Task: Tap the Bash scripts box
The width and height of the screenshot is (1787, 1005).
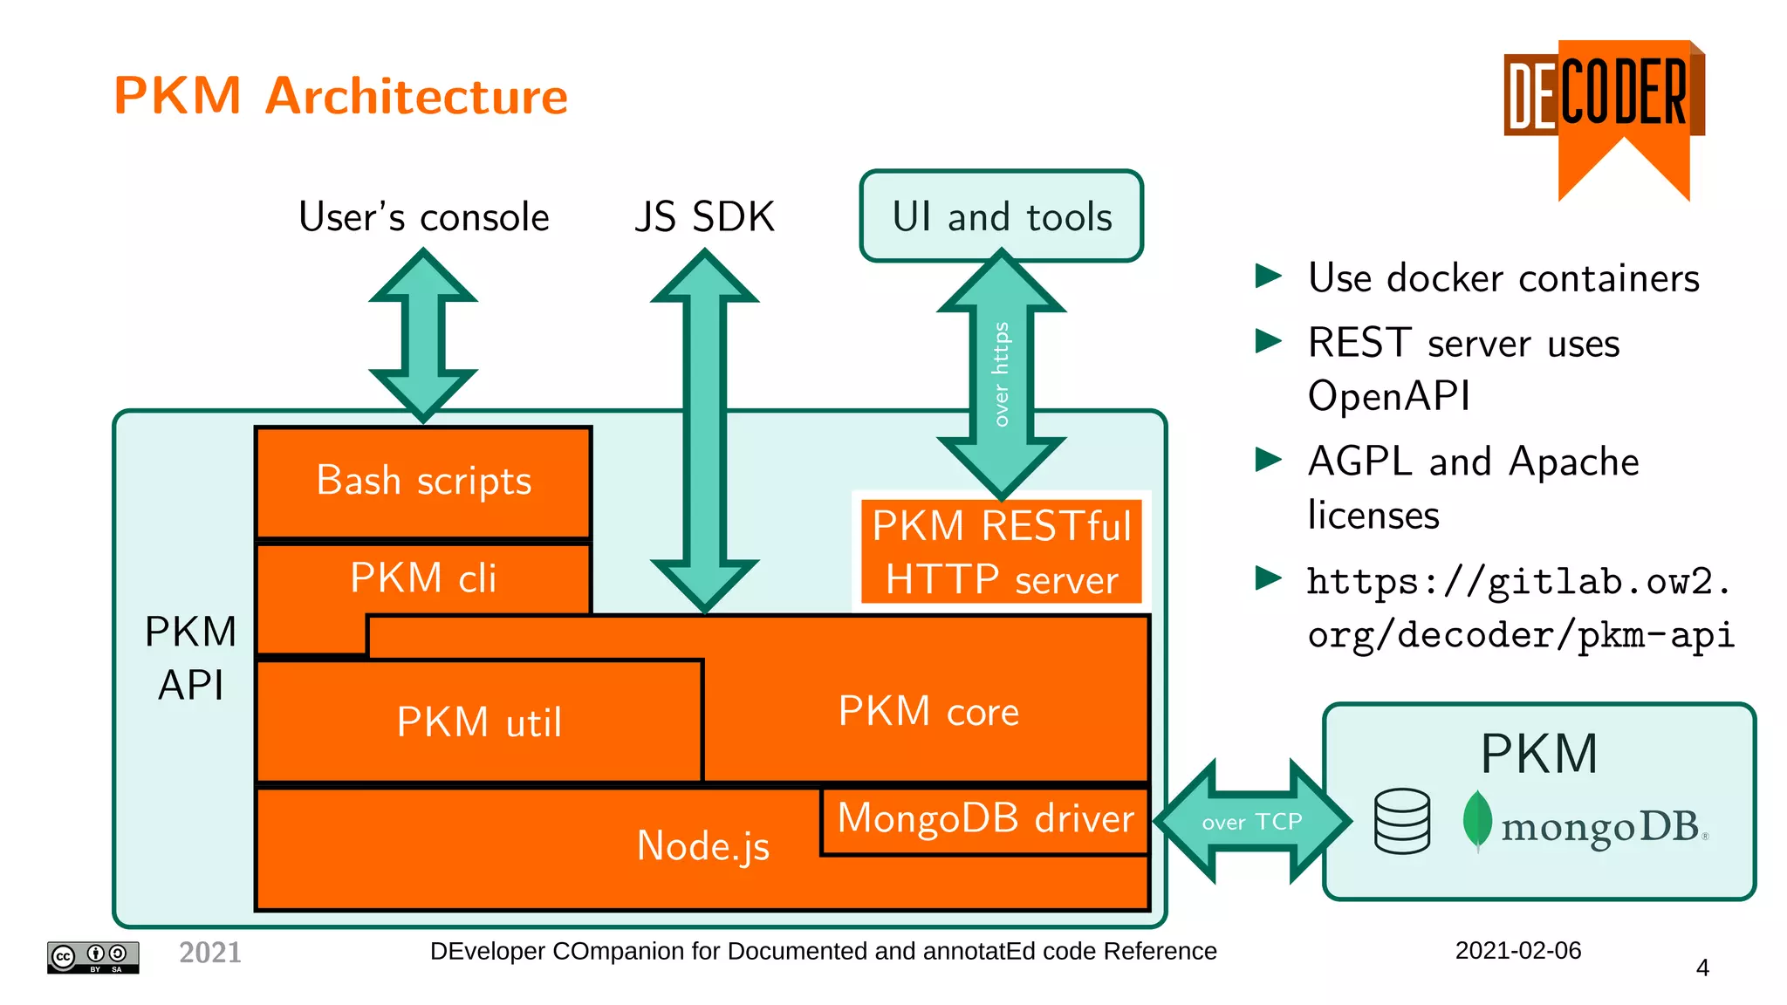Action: [423, 482]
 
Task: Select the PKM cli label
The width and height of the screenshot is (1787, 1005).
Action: [423, 578]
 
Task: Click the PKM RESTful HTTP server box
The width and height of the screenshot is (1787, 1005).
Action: [1001, 552]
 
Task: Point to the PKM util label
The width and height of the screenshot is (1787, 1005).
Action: [479, 722]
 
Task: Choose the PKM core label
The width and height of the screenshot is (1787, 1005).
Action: [928, 711]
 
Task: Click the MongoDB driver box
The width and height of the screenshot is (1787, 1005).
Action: [985, 819]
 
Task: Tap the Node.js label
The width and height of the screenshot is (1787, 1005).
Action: [703, 845]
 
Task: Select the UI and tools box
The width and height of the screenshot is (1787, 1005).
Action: [1001, 215]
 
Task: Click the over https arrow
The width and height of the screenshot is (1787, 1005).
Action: [1001, 375]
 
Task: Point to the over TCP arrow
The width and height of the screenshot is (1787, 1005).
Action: [1251, 822]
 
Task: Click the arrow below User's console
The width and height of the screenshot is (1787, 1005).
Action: [423, 336]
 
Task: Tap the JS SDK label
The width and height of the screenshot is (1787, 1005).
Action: [704, 216]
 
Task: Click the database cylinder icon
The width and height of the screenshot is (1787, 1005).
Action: [1401, 821]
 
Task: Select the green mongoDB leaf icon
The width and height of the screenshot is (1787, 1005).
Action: [1476, 820]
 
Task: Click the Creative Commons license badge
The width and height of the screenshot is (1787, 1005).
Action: [92, 957]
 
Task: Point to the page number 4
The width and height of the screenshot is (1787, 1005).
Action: [1701, 967]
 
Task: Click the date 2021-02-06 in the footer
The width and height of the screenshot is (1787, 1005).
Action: [1517, 950]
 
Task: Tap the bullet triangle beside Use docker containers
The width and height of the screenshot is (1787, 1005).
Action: [1268, 277]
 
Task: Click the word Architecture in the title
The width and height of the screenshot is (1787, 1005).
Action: [416, 96]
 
